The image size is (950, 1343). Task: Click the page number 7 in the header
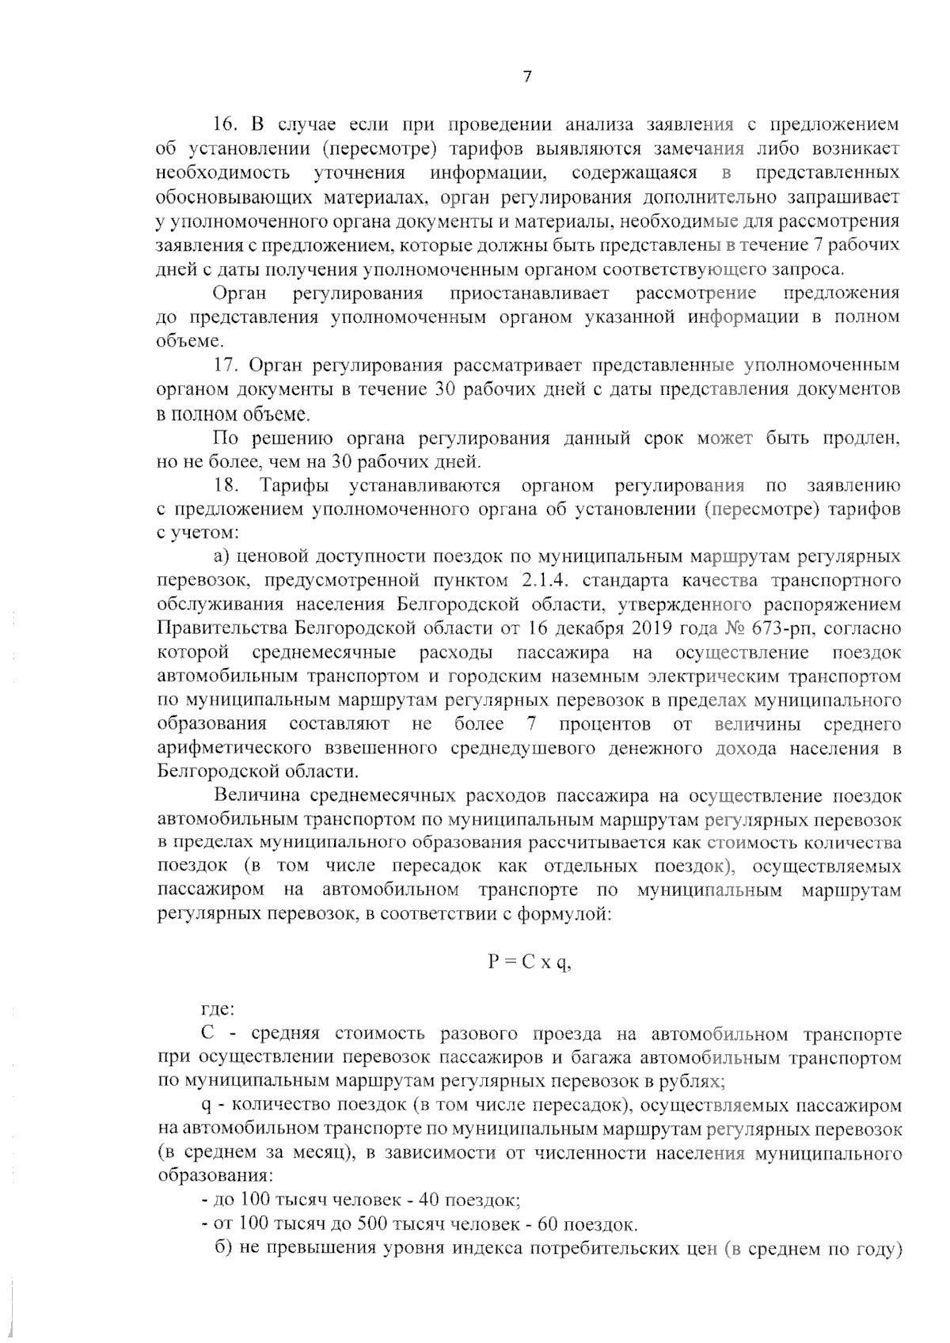click(527, 76)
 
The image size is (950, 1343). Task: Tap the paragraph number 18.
click(226, 485)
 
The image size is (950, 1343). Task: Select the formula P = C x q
click(528, 962)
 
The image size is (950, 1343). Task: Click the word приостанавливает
click(530, 294)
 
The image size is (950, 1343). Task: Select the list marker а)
click(226, 557)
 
